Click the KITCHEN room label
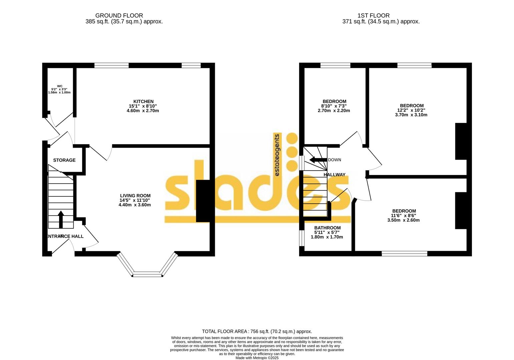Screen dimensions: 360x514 pos(143,101)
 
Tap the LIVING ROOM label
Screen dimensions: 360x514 pos(135,196)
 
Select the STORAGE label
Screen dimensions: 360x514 pos(64,160)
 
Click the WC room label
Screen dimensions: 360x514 pos(60,86)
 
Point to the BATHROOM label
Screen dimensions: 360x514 pos(327,228)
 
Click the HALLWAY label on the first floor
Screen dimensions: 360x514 pos(335,174)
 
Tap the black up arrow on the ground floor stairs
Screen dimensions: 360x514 pos(61,219)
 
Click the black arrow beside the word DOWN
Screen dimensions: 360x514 pos(318,160)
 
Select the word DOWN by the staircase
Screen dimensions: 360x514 pos(335,160)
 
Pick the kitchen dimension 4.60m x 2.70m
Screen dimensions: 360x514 pos(143,111)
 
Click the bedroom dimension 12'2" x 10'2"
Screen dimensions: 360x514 pos(411,110)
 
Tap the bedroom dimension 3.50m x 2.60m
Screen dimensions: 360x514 pos(403,220)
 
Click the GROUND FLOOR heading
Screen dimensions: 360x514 pos(119,15)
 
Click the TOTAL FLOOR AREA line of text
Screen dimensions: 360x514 pos(257,331)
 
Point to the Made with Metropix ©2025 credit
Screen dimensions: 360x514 pos(257,358)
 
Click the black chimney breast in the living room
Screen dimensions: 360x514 pos(203,201)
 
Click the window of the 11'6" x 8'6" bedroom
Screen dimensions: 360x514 pos(404,254)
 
